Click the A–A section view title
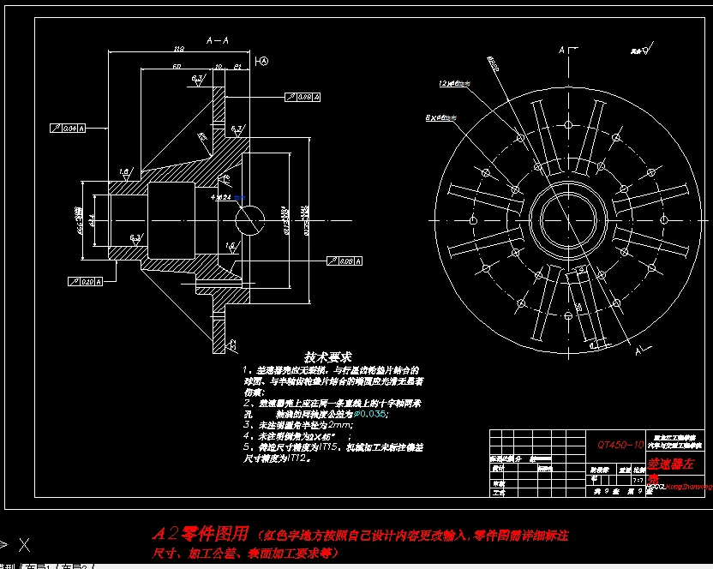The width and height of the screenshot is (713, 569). pos(218,40)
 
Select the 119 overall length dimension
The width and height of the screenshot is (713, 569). pos(179,48)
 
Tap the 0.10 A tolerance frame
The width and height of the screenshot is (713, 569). pos(85,281)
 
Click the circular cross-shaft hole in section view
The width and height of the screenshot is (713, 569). pos(252,219)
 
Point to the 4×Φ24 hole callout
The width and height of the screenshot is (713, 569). pos(222,197)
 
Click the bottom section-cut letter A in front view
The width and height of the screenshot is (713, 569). pos(638,350)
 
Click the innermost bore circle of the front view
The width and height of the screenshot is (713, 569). pos(562,219)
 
